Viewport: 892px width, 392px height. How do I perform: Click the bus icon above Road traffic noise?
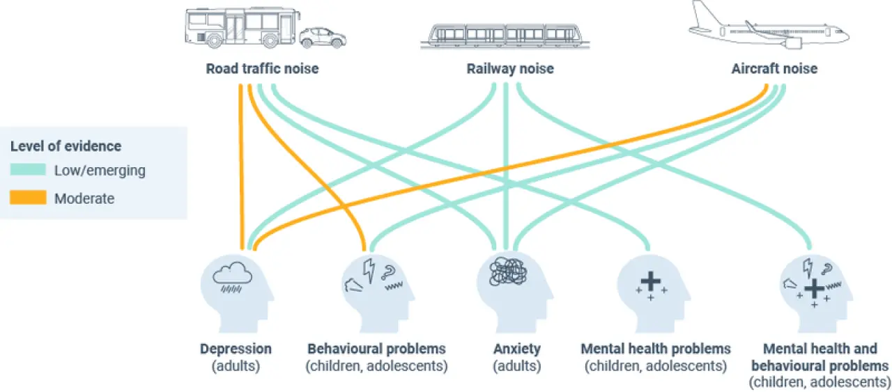241,29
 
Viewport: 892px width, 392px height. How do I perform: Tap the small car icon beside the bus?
322,38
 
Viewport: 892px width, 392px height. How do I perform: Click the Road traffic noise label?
262,69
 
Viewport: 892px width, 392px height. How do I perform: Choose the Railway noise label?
510,69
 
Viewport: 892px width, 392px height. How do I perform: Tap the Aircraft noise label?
774,69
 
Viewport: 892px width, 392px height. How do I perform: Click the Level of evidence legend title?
66,146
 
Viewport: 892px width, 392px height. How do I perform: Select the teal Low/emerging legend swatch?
27,170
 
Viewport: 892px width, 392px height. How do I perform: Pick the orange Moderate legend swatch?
27,198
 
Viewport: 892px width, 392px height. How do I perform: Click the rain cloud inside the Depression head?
232,279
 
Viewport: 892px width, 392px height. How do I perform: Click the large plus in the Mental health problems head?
650,281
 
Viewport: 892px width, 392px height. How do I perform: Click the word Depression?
236,349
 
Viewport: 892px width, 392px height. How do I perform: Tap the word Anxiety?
516,349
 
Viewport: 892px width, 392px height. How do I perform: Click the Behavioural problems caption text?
376,349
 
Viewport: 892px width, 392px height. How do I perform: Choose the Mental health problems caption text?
656,349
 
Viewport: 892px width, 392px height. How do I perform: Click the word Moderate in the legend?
84,198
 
